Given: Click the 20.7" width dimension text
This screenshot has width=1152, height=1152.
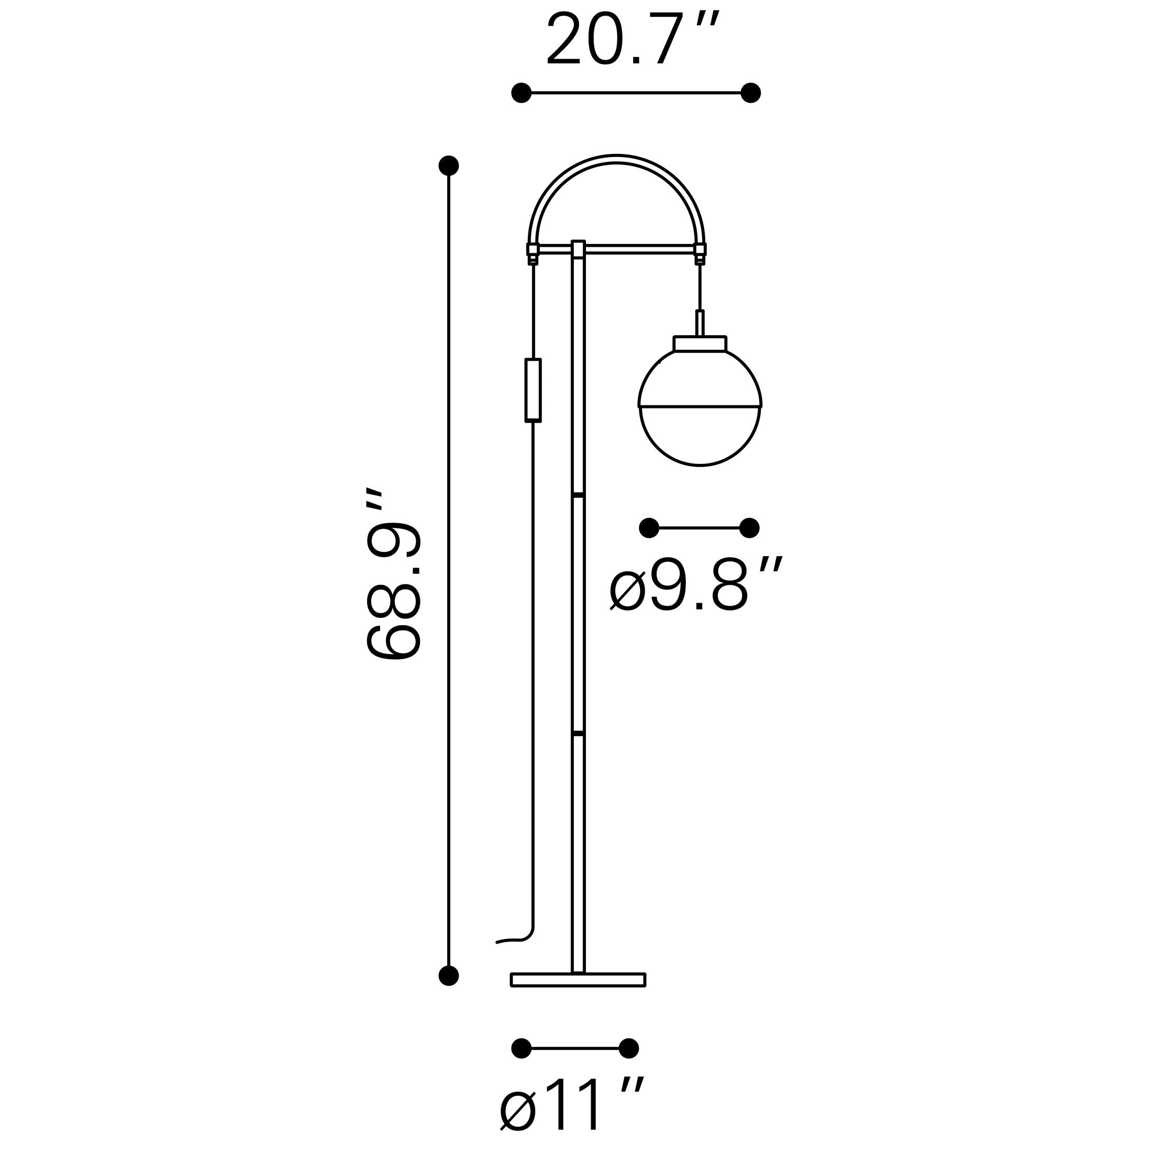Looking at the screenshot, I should (x=633, y=39).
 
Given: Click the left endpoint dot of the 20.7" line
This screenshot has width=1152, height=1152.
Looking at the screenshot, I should (x=521, y=93).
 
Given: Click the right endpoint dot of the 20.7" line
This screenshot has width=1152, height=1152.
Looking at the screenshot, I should (x=750, y=93).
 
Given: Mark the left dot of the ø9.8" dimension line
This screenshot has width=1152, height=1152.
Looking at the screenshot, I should (x=649, y=528).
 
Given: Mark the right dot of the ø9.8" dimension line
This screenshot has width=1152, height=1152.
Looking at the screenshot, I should (x=749, y=528).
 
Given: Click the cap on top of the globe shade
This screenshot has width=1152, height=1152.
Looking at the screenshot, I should (x=700, y=344).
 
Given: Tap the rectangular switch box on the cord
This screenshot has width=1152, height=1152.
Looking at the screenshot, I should (x=533, y=391).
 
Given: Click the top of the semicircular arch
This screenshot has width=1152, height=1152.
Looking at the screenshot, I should (x=616, y=158).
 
